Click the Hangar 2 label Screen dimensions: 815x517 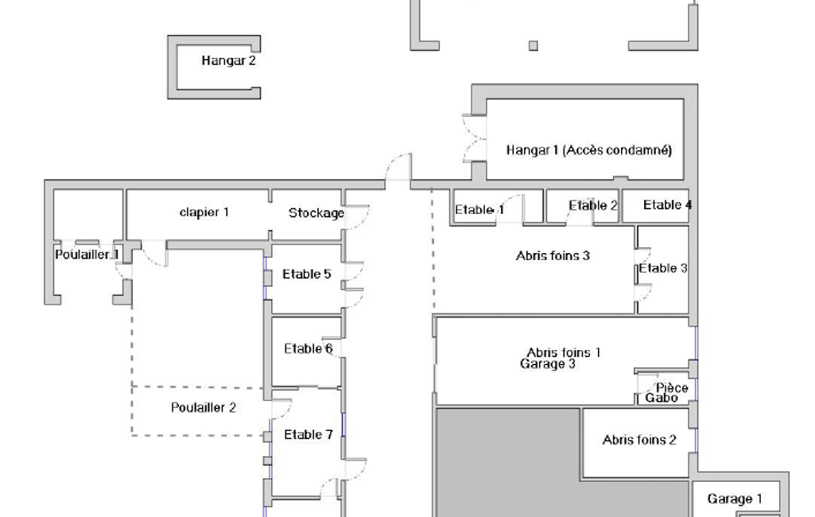[x=229, y=61]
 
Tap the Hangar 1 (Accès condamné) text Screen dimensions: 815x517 [x=589, y=150]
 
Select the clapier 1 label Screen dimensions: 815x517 [x=204, y=212]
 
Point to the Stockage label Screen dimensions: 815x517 [x=316, y=212]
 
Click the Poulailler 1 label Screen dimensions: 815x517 [x=87, y=255]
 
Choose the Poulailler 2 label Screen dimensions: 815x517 [x=204, y=408]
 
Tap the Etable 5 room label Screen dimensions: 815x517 [x=307, y=274]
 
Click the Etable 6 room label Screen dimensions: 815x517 [x=309, y=348]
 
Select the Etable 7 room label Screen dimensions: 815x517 [x=309, y=434]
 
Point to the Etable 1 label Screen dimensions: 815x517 [x=479, y=210]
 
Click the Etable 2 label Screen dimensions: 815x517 [x=593, y=205]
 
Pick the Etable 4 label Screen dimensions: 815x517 [x=667, y=205]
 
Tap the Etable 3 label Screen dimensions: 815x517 [x=663, y=268]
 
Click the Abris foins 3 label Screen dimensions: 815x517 [x=553, y=256]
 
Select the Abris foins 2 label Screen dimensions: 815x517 [x=639, y=440]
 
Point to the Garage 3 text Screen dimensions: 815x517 [x=548, y=364]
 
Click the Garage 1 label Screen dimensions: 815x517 [x=735, y=500]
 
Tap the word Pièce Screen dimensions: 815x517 [x=672, y=388]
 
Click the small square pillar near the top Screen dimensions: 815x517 [x=534, y=46]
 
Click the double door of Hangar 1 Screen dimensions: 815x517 [x=474, y=138]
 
